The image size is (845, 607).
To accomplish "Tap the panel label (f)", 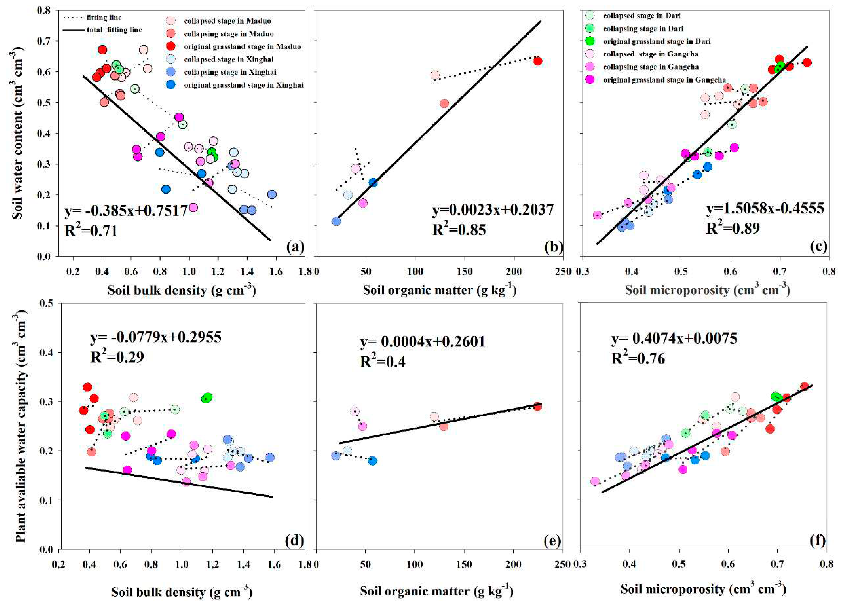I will point(815,540).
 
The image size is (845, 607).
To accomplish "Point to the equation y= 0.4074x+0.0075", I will point(674,339).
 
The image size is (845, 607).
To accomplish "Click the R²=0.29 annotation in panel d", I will point(117,357).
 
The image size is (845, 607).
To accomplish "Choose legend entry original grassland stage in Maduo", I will point(242,47).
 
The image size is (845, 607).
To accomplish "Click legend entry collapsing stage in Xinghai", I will point(230,72).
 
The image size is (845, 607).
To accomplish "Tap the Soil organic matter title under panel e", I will point(436,591).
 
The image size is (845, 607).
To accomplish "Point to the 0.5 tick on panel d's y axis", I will point(46,304).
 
